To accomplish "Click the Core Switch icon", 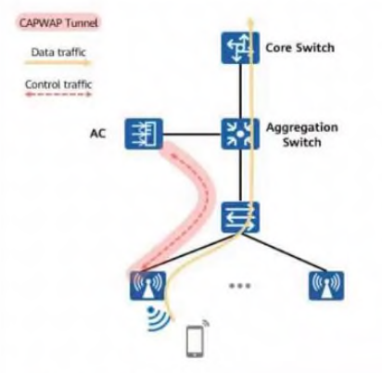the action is click(240, 48).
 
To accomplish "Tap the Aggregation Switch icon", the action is click(240, 134).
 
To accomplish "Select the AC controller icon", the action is click(144, 134).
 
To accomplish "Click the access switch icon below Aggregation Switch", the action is click(240, 217).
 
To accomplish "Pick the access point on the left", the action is click(147, 286).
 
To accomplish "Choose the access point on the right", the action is click(326, 286).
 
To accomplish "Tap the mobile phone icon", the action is click(196, 341).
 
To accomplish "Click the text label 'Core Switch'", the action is click(300, 48).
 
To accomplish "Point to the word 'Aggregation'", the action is click(302, 128).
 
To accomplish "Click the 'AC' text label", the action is click(97, 134).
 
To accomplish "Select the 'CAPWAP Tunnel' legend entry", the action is click(58, 23).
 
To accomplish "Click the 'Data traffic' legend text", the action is click(58, 52).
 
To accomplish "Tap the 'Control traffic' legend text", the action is click(58, 84).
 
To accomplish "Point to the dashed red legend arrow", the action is click(58, 94).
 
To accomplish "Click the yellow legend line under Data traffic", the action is click(58, 63).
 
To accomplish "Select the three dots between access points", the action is click(240, 286).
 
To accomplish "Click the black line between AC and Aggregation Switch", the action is click(192, 135).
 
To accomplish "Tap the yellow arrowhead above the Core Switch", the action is click(250, 21).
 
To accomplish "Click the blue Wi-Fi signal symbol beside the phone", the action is click(159, 319).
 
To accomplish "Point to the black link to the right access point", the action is click(285, 252).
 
